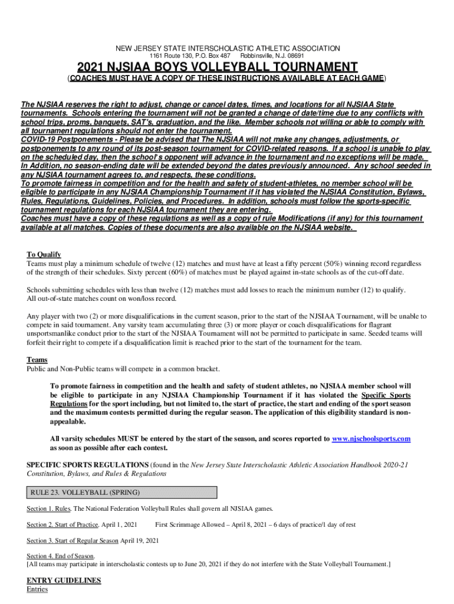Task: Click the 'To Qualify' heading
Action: [x=44, y=254]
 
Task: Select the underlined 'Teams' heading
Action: [x=37, y=360]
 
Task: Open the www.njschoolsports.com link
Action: [x=371, y=439]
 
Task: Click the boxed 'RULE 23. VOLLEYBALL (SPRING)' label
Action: [x=83, y=493]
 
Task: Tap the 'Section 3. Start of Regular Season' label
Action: [x=72, y=540]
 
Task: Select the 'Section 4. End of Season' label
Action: [x=60, y=556]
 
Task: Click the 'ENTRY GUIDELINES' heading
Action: [x=64, y=580]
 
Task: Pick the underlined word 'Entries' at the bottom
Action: [x=37, y=589]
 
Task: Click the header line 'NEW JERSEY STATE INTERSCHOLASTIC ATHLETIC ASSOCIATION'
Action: [x=226, y=48]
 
